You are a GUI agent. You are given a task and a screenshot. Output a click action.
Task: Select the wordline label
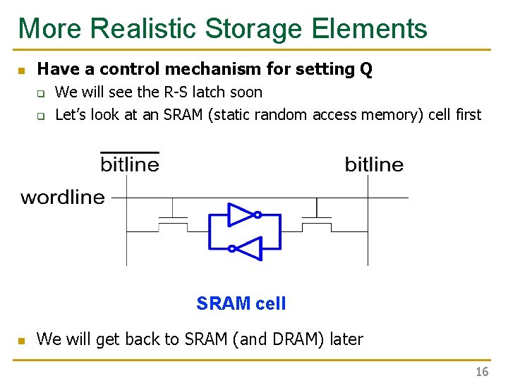tap(63, 198)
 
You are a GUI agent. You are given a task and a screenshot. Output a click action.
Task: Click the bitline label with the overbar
tap(130, 164)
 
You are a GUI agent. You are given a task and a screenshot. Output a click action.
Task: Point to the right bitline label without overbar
tap(374, 164)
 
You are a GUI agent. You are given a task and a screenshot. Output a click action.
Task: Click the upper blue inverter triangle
tap(240, 214)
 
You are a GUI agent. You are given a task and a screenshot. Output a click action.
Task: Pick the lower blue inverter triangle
tap(248, 248)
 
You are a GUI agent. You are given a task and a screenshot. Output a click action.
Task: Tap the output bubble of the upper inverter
tap(258, 214)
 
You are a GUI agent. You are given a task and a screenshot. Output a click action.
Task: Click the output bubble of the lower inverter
tap(231, 248)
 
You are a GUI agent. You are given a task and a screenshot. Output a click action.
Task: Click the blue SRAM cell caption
tap(241, 304)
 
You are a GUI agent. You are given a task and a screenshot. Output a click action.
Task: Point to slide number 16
tap(482, 372)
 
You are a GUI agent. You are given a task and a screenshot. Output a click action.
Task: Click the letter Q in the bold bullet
tap(365, 69)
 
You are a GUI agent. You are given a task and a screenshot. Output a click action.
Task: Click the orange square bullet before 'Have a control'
tap(21, 71)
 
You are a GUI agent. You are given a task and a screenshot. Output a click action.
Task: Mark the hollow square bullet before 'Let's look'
tap(41, 116)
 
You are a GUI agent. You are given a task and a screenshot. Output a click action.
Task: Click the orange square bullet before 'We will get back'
tap(21, 341)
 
